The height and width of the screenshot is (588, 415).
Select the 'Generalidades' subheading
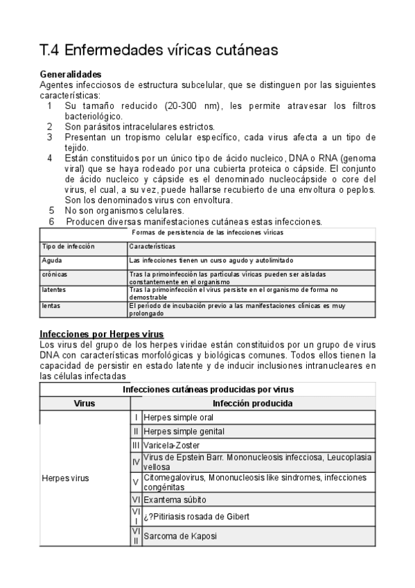71,74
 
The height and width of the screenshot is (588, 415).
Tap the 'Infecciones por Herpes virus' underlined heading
102,334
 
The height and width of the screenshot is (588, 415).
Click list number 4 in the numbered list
50,157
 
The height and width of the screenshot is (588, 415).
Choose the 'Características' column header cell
152,247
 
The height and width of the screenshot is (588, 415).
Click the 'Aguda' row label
52,261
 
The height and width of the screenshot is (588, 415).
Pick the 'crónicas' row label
55,274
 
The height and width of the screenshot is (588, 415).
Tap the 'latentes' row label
54,290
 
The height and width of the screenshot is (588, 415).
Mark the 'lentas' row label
51,305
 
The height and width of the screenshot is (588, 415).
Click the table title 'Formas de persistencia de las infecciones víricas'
208,233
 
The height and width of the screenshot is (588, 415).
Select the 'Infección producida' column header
252,404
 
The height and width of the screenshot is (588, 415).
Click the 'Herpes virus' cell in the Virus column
65,478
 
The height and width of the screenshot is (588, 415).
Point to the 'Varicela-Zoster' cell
175,444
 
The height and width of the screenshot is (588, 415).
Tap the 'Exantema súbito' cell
175,499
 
